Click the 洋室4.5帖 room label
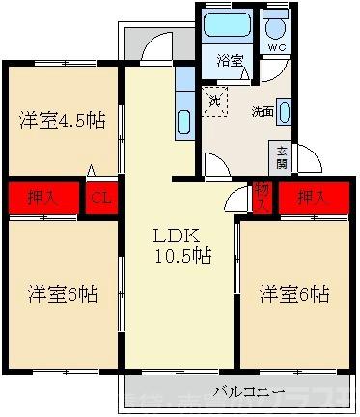[x=61, y=122]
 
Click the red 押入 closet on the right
[x=311, y=197]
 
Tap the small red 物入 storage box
[x=262, y=196]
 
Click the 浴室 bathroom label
[x=230, y=58]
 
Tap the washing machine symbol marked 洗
[x=213, y=97]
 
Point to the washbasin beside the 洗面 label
[x=285, y=109]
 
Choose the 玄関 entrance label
[x=281, y=156]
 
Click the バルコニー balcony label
[x=249, y=393]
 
